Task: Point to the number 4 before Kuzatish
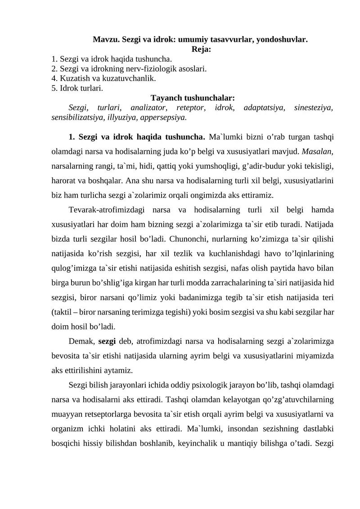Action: click(54, 78)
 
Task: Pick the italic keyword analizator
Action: click(148, 108)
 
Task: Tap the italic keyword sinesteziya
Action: click(313, 108)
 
